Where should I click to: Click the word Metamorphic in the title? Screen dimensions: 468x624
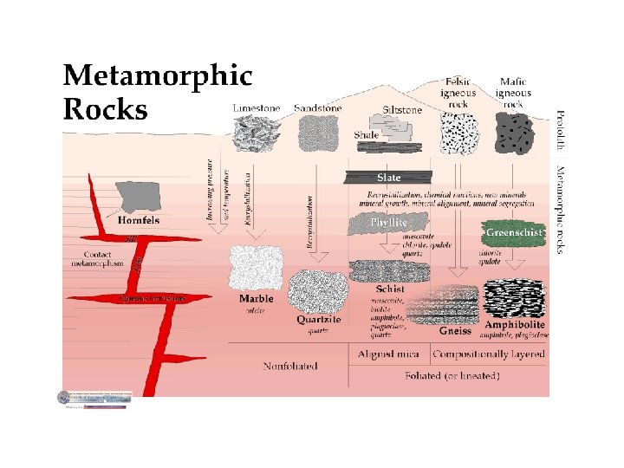(158, 76)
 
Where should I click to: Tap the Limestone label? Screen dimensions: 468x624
(257, 108)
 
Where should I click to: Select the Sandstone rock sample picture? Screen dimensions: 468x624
(318, 133)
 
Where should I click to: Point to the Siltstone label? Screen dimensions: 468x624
(402, 110)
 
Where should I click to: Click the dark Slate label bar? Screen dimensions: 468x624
(389, 178)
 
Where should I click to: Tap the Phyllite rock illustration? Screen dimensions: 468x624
(388, 224)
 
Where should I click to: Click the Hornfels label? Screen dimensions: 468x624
(139, 220)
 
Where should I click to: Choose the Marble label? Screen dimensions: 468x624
(257, 299)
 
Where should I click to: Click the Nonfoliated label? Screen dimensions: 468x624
(290, 365)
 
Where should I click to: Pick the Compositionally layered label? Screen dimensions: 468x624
(489, 354)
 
